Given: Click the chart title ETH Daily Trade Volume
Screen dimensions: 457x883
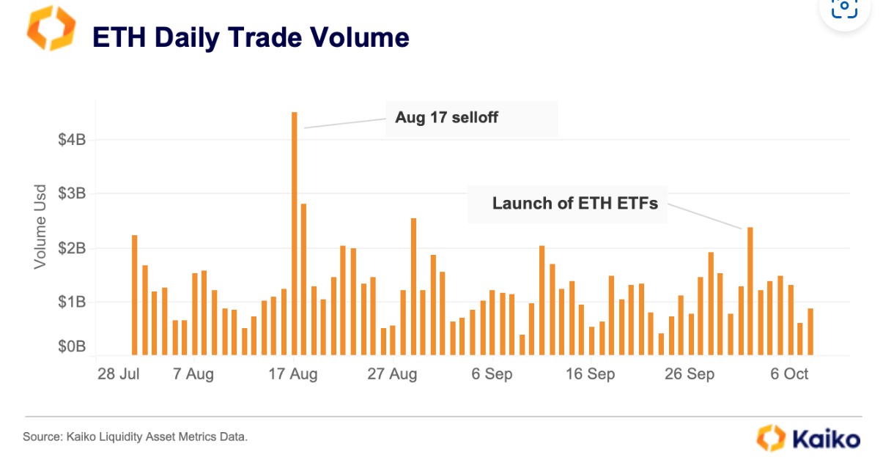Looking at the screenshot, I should click(250, 37).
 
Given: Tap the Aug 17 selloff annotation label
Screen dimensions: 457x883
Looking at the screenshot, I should click(446, 117).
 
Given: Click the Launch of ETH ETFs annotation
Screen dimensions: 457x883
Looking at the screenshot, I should click(574, 203).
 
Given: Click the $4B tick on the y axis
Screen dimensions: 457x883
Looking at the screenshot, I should click(72, 139).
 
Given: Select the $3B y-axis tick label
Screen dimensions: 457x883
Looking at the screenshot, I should click(72, 194).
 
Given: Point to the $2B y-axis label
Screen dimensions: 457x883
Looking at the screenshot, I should click(72, 248).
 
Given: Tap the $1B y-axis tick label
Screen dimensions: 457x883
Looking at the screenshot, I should click(72, 302).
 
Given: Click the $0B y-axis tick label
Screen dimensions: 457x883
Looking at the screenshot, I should click(72, 346).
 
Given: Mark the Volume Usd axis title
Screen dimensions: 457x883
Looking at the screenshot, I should click(40, 226).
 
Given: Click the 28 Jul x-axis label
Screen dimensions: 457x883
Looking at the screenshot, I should click(118, 374).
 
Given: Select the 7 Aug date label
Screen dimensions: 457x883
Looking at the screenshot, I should click(193, 374).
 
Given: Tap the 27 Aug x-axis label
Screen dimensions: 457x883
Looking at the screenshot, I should click(392, 374).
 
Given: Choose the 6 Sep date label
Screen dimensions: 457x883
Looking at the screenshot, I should click(492, 374).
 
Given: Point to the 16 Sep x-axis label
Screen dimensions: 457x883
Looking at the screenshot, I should click(591, 374).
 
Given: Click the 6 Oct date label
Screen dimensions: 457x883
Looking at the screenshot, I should click(789, 374).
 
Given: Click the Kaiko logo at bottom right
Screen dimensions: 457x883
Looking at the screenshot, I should click(808, 438).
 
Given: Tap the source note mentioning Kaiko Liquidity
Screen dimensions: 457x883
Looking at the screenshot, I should click(136, 437).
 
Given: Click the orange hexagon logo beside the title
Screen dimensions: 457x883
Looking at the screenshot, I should click(51, 29).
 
